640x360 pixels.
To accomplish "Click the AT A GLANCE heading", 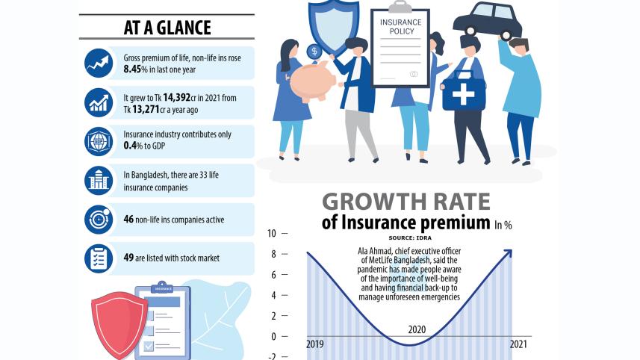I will tap(167, 28).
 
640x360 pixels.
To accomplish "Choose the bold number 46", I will tap(129, 220).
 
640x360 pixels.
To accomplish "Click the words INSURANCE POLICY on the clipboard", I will tap(400, 27).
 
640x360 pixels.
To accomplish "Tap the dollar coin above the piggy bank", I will tap(314, 52).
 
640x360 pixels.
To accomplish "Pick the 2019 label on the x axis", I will tap(315, 344).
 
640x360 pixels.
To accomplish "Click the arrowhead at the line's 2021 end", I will tap(509, 252).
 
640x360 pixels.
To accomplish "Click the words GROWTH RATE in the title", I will tap(406, 202).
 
